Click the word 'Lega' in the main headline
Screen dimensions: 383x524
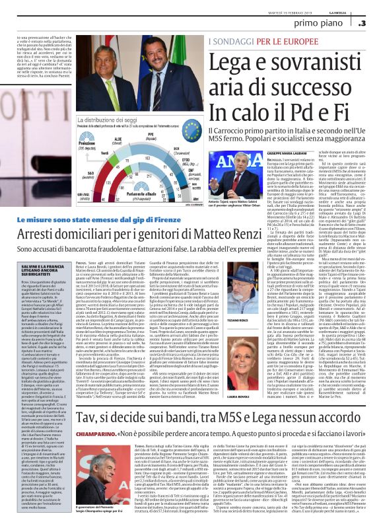click(236, 67)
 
